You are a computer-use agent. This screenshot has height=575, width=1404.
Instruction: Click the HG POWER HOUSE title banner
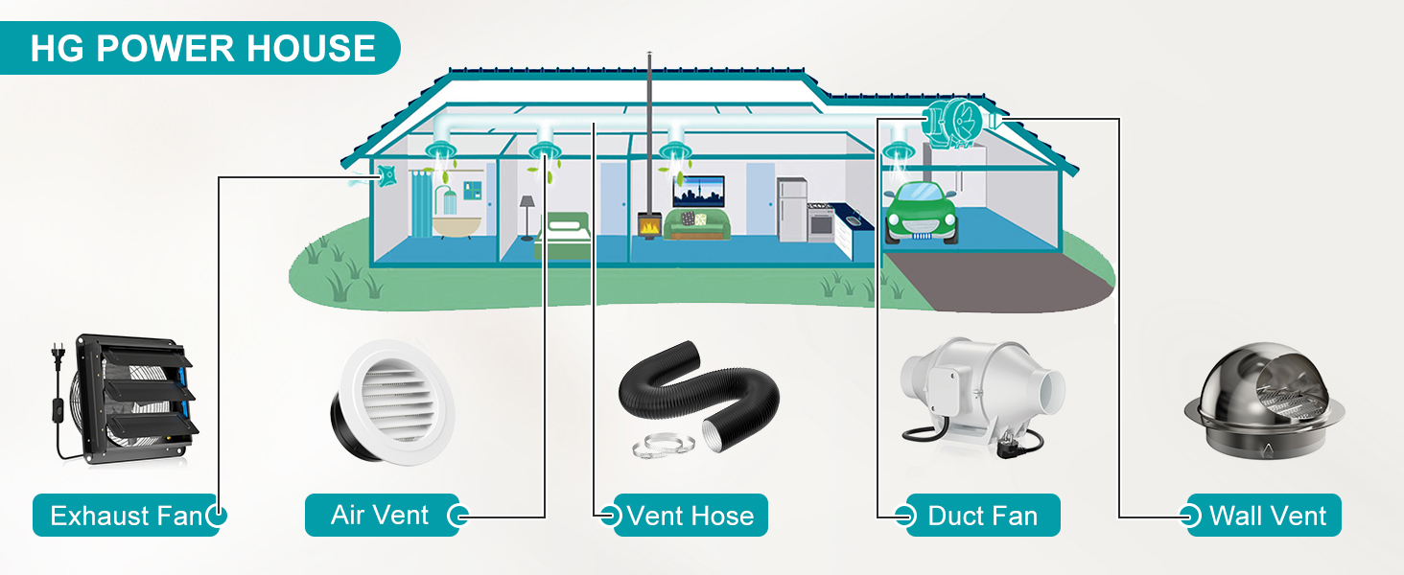(x=201, y=48)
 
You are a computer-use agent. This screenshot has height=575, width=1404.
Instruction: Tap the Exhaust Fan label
(x=126, y=516)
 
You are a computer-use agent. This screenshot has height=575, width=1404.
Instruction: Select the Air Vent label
(x=380, y=516)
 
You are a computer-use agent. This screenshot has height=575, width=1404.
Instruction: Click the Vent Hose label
(x=690, y=516)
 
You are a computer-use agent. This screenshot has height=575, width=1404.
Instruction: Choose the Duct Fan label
(x=982, y=516)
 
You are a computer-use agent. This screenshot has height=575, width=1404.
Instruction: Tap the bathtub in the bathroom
(x=450, y=226)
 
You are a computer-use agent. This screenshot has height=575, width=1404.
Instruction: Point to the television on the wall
(x=697, y=192)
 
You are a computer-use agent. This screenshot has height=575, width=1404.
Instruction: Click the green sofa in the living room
(x=697, y=224)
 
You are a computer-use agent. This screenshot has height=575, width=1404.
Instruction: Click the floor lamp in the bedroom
(x=526, y=216)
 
